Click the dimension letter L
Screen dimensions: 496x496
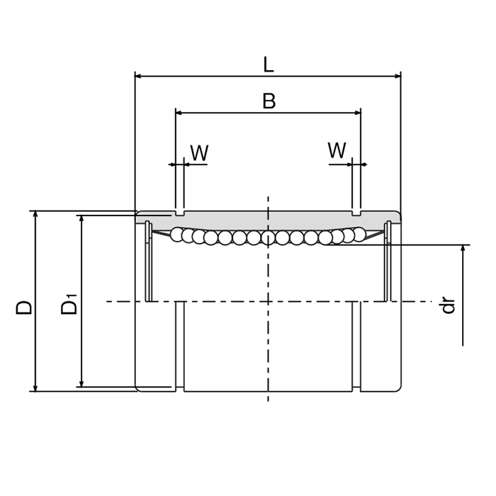coord(268,64)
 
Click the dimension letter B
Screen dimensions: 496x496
coord(269,101)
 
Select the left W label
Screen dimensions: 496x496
coord(199,153)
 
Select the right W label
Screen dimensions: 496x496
coord(337,150)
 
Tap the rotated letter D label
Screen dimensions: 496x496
coord(25,307)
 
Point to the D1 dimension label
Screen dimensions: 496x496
coord(69,305)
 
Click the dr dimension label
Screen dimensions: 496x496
coord(448,305)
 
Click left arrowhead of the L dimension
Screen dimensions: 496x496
coord(139,76)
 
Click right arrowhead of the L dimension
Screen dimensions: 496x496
coord(397,76)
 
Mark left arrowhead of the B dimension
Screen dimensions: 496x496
coord(180,112)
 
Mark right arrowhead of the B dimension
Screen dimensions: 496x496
coord(357,112)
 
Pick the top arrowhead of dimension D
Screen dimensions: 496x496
coord(35,215)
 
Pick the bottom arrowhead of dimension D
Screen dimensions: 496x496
coord(35,387)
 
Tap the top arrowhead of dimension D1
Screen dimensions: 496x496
coord(82,219)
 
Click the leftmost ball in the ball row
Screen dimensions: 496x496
coord(177,235)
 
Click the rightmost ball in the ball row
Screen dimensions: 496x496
coord(359,234)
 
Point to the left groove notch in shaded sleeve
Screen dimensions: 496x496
coord(180,213)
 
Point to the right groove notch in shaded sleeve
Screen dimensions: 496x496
coord(356,213)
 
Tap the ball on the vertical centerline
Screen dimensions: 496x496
coord(268,238)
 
